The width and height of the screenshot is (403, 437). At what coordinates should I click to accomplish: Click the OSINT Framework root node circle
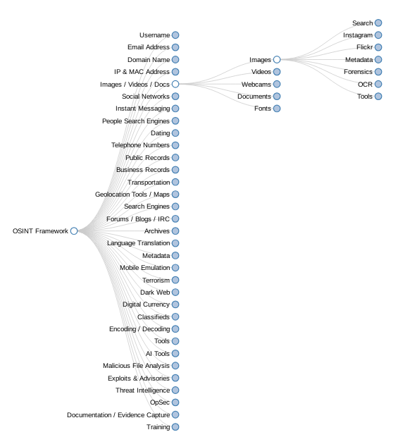coord(74,231)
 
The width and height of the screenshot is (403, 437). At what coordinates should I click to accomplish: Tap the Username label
coord(154,35)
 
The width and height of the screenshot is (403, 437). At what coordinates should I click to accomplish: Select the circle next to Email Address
coord(175,47)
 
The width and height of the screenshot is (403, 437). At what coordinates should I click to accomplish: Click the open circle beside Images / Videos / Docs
coord(175,84)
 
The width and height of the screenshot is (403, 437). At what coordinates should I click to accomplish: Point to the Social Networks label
coord(146,97)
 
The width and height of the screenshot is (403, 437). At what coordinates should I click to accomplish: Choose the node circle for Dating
coord(175,133)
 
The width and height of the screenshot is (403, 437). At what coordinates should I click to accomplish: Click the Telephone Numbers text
coord(140,145)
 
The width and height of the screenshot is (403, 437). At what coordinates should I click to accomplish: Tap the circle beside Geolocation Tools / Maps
coord(175,195)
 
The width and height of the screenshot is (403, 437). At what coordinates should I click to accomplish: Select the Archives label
coord(157,231)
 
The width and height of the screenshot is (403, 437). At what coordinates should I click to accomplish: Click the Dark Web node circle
coord(175,293)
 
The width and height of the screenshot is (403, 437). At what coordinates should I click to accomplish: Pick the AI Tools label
coord(158,354)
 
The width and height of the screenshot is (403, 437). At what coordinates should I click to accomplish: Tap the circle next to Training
coord(175,427)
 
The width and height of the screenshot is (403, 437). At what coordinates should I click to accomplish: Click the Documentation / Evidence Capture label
coord(118,415)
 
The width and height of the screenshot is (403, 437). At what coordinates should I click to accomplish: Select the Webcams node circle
coord(277,84)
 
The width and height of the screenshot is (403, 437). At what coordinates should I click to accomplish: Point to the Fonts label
coord(263,109)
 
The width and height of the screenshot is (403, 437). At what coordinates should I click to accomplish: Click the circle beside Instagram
coord(378,35)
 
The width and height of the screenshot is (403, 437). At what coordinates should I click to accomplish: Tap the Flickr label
coord(364,47)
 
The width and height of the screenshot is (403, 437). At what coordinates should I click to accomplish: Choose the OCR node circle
coord(378,84)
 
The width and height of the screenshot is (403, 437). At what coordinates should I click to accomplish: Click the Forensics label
coord(358,72)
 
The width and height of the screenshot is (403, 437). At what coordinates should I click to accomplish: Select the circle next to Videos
coord(277,72)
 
